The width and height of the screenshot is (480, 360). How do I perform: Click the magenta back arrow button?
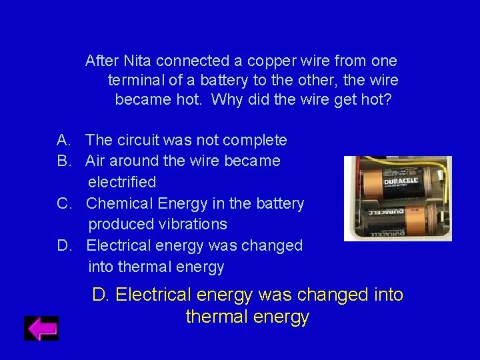click(41, 328)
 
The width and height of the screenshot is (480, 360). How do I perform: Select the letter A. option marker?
click(64, 140)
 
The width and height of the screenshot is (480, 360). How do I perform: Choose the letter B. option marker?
click(64, 161)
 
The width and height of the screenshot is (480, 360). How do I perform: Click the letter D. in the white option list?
click(65, 245)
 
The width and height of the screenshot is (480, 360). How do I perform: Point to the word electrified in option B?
click(122, 182)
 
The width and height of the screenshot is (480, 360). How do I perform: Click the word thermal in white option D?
click(146, 267)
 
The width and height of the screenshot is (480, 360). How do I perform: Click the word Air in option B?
click(96, 161)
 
